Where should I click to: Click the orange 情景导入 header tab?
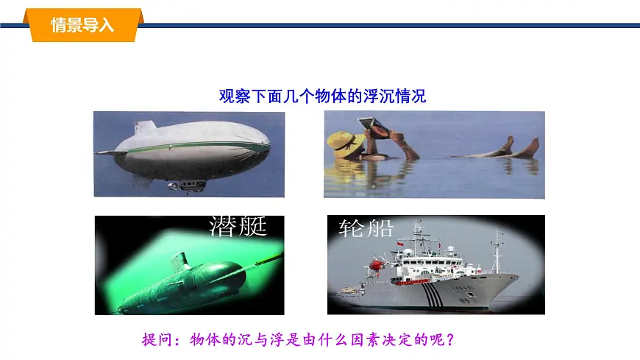point(82,24)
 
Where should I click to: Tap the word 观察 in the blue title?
point(235,96)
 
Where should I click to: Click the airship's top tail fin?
point(146,128)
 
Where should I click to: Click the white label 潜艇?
point(238,226)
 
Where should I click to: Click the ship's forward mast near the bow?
point(498,250)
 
